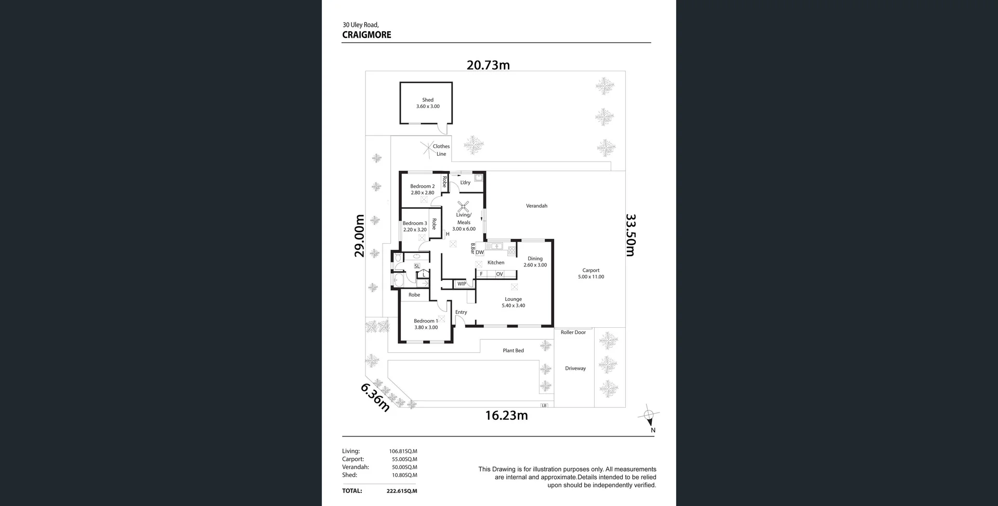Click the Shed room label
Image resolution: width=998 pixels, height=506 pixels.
(x=428, y=103)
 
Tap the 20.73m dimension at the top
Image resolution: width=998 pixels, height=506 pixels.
(x=488, y=65)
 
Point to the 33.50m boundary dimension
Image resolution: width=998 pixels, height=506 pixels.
(x=631, y=235)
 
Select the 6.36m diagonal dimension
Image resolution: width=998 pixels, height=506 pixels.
(x=375, y=397)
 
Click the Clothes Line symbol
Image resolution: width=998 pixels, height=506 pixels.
(x=427, y=149)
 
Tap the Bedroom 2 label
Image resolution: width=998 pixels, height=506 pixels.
(x=422, y=189)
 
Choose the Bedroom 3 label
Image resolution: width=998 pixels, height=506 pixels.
(x=415, y=226)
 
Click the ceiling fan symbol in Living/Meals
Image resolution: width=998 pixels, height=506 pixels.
(x=463, y=206)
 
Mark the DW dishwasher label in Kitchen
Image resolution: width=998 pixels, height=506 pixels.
(x=479, y=252)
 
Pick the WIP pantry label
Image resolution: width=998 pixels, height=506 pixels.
(x=462, y=284)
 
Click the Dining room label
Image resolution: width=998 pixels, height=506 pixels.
(x=535, y=261)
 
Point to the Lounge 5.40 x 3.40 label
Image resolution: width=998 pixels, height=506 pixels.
(x=513, y=302)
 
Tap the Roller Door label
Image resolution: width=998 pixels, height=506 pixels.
(x=573, y=332)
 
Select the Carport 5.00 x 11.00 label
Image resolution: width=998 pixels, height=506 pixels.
(x=591, y=273)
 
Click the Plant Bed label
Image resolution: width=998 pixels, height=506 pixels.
(x=513, y=351)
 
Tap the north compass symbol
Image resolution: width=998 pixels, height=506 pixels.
(x=649, y=415)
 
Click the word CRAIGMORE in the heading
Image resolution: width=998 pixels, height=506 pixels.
(x=366, y=35)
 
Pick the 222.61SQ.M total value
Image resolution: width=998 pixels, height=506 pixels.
(x=402, y=491)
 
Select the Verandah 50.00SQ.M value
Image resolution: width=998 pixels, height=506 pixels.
(x=404, y=467)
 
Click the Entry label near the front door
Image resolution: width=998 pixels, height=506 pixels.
(x=461, y=312)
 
